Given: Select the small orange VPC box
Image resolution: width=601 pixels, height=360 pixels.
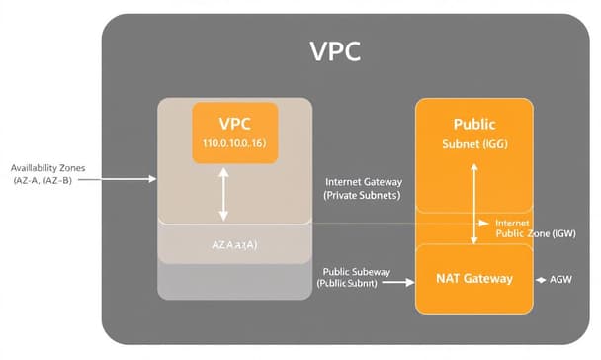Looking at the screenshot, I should pyautogui.click(x=235, y=133).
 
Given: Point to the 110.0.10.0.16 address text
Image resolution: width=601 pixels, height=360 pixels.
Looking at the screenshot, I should pyautogui.click(x=234, y=145).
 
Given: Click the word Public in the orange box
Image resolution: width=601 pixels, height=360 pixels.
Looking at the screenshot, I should pyautogui.click(x=473, y=125).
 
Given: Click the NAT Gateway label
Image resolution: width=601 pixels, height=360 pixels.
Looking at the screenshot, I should pyautogui.click(x=474, y=279).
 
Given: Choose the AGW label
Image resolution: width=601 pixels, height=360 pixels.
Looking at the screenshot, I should pyautogui.click(x=559, y=280).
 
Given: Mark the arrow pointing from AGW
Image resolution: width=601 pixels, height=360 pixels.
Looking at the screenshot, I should pyautogui.click(x=542, y=280).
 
